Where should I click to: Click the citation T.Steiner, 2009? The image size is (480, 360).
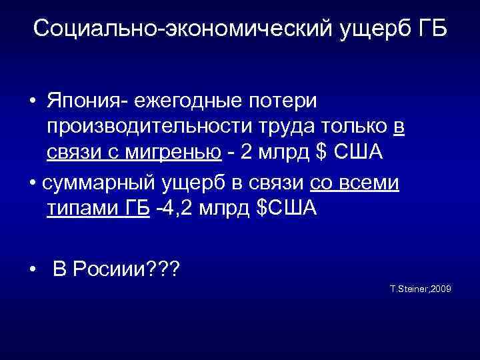pyautogui.click(x=420, y=289)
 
